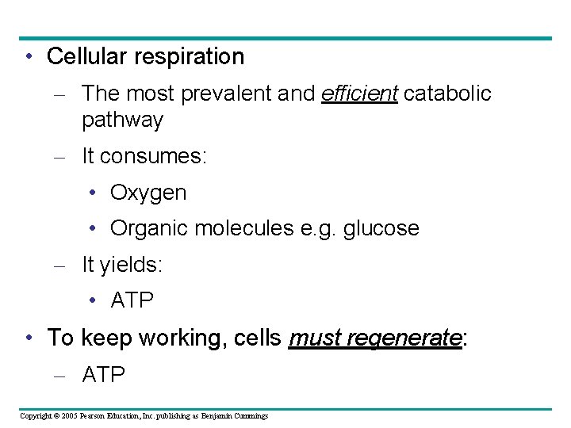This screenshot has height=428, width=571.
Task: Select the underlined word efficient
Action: click(359, 94)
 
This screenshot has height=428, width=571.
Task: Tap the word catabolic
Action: click(447, 94)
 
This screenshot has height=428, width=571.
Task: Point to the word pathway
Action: click(122, 120)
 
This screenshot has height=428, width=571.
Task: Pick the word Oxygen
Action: click(148, 193)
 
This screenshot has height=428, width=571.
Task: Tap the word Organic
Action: click(148, 228)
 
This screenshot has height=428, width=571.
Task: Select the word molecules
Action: click(238, 228)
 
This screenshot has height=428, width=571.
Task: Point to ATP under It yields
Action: click(132, 301)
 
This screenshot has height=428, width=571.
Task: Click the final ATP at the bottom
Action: click(104, 374)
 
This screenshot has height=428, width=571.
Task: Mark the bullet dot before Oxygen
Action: click(94, 193)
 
